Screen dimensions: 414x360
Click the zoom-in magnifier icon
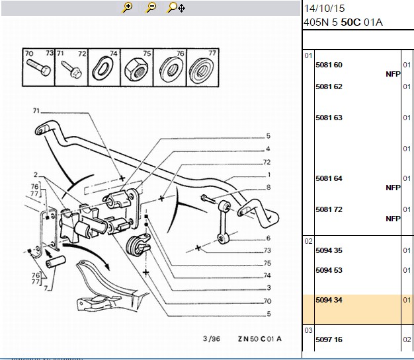tap(127, 7)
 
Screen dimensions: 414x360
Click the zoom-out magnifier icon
tap(151, 7)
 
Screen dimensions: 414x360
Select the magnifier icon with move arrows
tap(176, 7)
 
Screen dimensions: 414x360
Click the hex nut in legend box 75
tap(135, 70)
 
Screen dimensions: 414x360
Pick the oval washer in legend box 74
tap(103, 69)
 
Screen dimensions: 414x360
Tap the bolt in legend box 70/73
tap(38, 67)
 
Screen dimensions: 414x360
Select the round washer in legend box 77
tap(202, 69)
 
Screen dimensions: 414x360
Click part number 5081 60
tap(329, 65)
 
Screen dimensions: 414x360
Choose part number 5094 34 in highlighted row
tap(329, 300)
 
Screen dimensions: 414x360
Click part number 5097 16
tap(329, 340)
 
